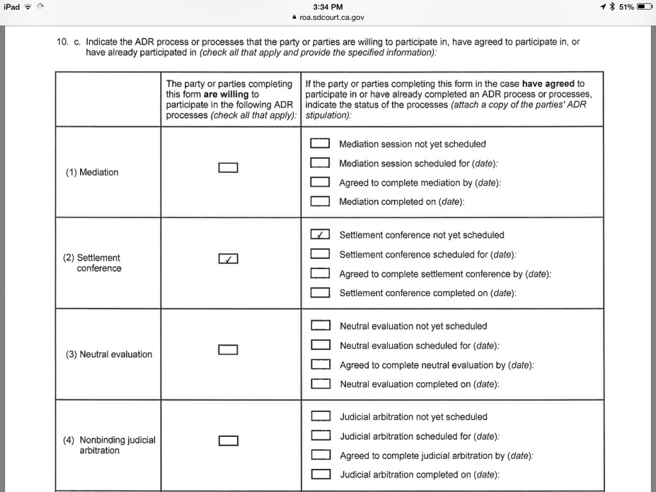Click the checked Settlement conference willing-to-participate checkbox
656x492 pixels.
coord(228,259)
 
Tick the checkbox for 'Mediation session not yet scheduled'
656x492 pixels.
coord(320,143)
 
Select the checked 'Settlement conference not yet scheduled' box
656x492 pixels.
coord(320,234)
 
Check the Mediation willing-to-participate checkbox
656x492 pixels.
coord(228,168)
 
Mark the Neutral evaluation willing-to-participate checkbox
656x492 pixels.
coord(228,350)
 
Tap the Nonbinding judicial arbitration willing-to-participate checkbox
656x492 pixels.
coord(228,441)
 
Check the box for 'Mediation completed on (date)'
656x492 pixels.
coord(320,201)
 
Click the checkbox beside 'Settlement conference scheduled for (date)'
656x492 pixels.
coord(320,254)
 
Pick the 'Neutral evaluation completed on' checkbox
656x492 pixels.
coord(320,384)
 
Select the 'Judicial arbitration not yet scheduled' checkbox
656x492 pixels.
coord(320,416)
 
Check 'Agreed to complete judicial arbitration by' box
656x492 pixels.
coord(320,455)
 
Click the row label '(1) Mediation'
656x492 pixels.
coord(92,172)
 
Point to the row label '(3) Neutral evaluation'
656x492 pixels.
coord(109,354)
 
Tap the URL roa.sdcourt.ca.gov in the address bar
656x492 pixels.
coord(332,17)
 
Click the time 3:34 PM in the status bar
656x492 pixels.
coord(328,7)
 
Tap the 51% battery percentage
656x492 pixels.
coord(627,7)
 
